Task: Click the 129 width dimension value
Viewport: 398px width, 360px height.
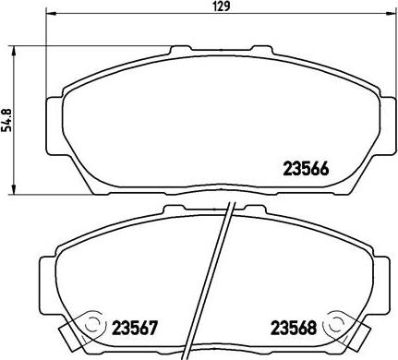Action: coord(223,6)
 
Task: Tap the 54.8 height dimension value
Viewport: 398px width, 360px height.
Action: coord(6,120)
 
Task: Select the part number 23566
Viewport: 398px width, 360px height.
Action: coord(306,169)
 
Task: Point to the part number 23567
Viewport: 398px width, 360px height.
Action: coord(135,328)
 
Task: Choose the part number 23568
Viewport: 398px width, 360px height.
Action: coord(294,328)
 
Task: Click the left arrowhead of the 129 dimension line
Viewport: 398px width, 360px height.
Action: coord(51,13)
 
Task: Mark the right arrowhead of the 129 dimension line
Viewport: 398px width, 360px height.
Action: coord(392,13)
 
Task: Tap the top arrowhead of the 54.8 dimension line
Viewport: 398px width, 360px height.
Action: coord(13,52)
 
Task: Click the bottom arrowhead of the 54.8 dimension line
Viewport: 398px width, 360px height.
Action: coord(13,189)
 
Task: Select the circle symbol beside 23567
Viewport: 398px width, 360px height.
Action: coord(91,324)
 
